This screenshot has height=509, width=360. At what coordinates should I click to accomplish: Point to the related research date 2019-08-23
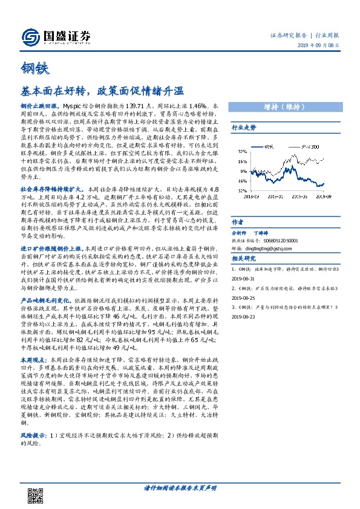(244, 316)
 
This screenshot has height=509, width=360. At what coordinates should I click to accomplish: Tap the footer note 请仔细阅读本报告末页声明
(180, 487)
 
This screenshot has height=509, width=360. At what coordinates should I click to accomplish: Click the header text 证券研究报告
(286, 36)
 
